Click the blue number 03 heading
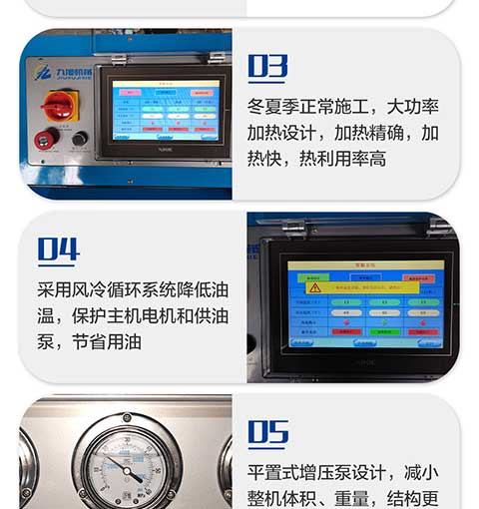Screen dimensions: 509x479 pyautogui.click(x=267, y=67)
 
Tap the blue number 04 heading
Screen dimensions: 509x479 pyautogui.click(x=58, y=249)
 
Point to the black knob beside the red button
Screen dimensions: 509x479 pyautogui.click(x=79, y=139)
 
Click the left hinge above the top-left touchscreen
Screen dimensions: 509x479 pyautogui.click(x=119, y=58)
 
